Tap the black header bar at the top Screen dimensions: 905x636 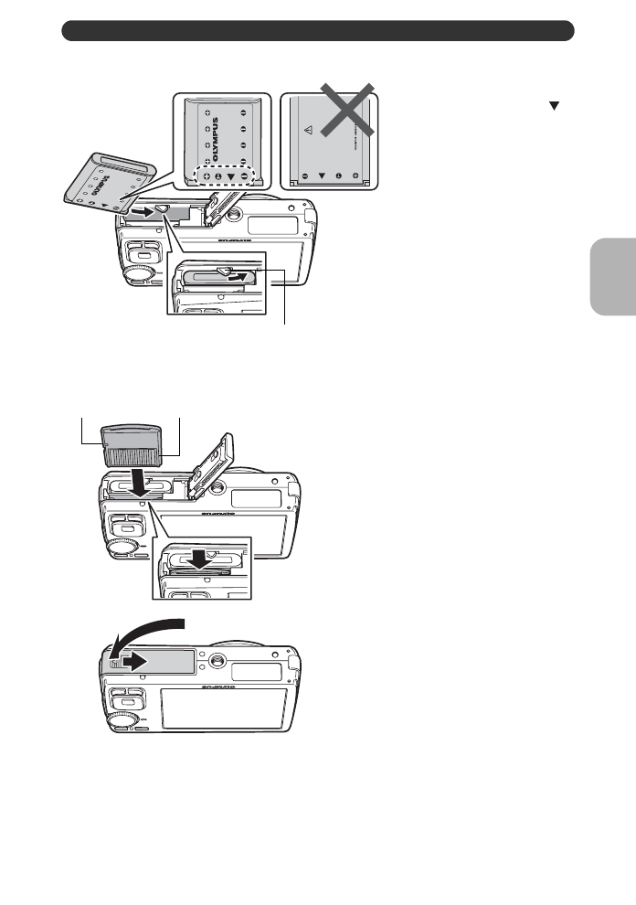(317, 32)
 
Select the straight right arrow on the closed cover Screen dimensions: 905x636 (129, 661)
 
